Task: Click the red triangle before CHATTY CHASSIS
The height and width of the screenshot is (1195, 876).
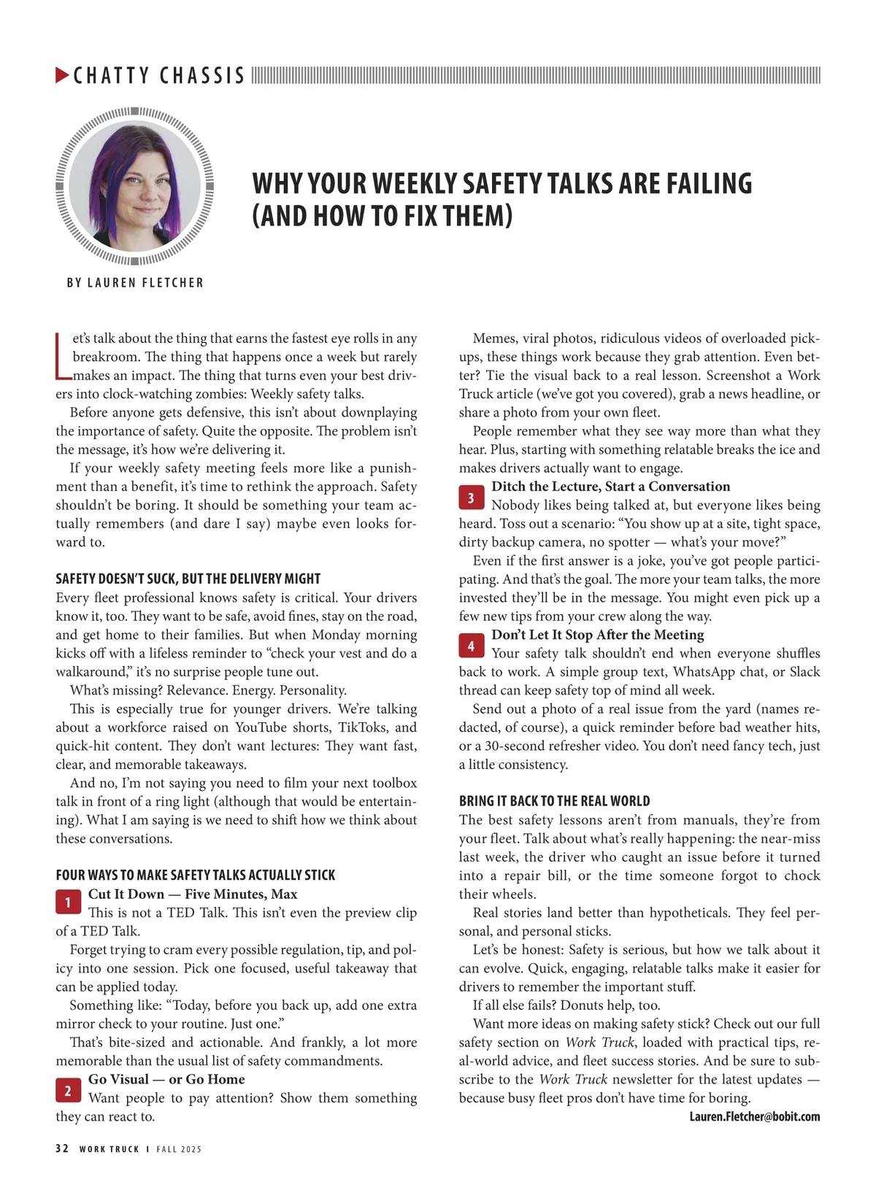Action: coord(62,74)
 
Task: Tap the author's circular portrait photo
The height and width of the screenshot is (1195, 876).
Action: coord(134,185)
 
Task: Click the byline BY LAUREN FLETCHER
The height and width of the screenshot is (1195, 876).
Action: coord(135,282)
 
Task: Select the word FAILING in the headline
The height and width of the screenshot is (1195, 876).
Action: coord(707,183)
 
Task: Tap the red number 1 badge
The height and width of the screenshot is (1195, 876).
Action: coord(68,902)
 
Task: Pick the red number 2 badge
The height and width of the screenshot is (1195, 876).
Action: coord(68,1091)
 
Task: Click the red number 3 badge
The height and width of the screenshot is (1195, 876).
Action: coord(471,498)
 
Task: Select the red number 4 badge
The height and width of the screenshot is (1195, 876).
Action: coord(471,646)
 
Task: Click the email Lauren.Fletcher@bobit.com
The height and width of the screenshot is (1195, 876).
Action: coord(754,1116)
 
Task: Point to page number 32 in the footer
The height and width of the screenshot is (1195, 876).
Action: coord(62,1148)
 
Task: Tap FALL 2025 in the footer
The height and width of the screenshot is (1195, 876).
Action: coord(179,1149)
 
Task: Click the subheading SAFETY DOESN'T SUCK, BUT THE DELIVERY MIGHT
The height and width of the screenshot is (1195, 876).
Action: coord(188,579)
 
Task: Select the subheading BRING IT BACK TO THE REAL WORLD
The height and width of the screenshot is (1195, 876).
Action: coord(554,800)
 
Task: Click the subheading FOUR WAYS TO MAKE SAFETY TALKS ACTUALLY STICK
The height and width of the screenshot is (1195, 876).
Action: coord(195,875)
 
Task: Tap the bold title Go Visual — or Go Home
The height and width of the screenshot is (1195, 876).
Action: coord(166,1079)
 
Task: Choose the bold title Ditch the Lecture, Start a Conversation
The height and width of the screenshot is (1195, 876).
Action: coord(610,487)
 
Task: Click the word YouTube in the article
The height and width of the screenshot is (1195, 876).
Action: coord(261,727)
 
